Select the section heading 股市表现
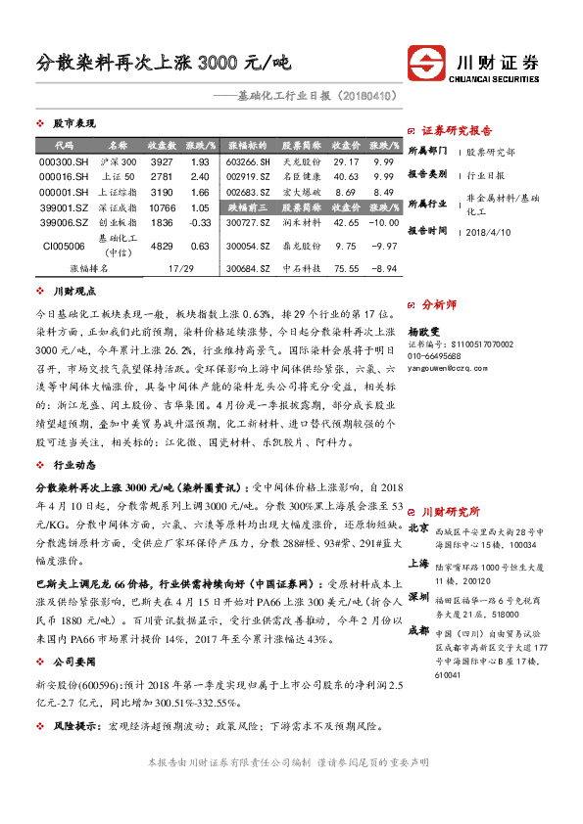pyautogui.click(x=73, y=124)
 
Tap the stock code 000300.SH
pyautogui.click(x=64, y=160)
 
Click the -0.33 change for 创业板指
pyautogui.click(x=200, y=223)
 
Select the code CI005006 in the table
pyautogui.click(x=64, y=246)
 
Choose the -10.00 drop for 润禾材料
pyautogui.click(x=384, y=223)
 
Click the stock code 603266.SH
pyautogui.click(x=247, y=160)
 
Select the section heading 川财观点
pyautogui.click(x=73, y=291)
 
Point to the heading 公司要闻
pyautogui.click(x=73, y=662)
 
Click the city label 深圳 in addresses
pyautogui.click(x=418, y=596)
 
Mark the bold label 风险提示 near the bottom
pyautogui.click(x=77, y=727)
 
